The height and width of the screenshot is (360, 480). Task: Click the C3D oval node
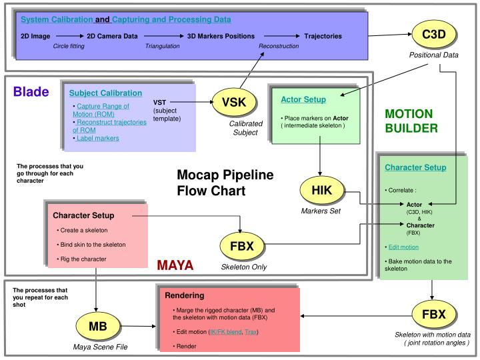click(x=433, y=34)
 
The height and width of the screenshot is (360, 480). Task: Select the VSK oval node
click(x=234, y=102)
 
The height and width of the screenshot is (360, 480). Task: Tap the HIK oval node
click(x=321, y=191)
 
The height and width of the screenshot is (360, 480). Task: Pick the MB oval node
click(x=98, y=325)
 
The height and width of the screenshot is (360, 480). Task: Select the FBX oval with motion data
click(x=433, y=313)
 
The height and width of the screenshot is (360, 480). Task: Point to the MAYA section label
click(x=175, y=266)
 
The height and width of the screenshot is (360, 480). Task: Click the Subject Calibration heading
click(x=105, y=93)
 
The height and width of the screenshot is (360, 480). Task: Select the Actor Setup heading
click(x=303, y=99)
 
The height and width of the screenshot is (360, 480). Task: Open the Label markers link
click(x=98, y=138)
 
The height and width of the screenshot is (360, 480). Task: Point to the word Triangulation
click(x=163, y=46)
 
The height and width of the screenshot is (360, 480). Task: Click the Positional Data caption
click(x=433, y=55)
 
